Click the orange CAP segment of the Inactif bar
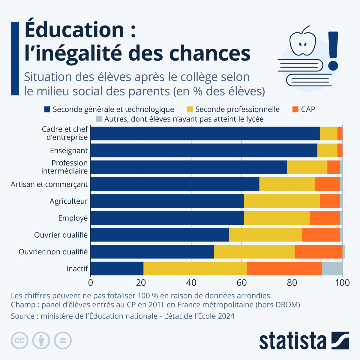click(284, 268)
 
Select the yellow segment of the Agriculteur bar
click(282, 201)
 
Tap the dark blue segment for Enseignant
click(204, 150)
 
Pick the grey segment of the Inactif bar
click(332, 268)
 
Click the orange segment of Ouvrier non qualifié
click(318, 252)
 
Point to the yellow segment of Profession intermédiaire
click(307, 167)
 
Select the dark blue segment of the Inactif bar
click(117, 268)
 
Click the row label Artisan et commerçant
click(49, 184)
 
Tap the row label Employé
click(73, 218)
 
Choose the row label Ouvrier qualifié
click(61, 235)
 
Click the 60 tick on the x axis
click(241, 283)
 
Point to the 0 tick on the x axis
click(91, 283)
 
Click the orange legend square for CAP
click(295, 109)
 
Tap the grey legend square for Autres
click(99, 119)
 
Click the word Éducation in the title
click(74, 30)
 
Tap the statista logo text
click(292, 341)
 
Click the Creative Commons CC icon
click(19, 340)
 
